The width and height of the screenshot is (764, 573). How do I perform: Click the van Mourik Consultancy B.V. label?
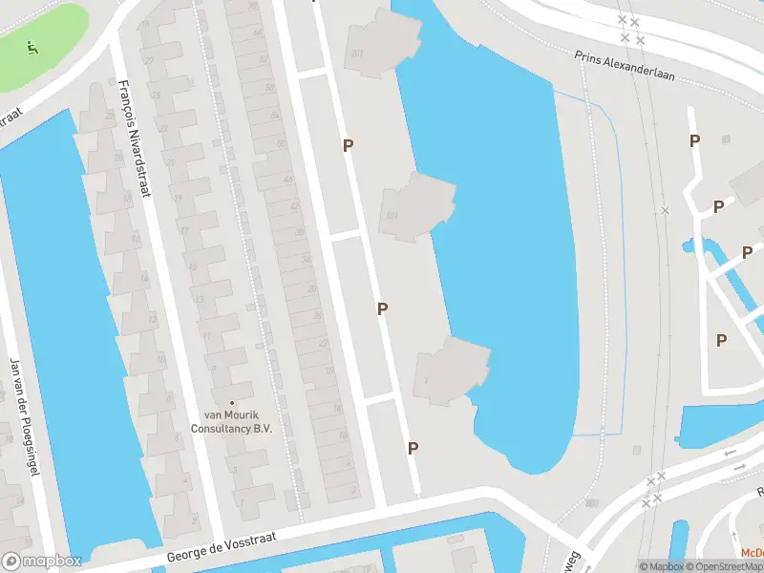tap(238, 421)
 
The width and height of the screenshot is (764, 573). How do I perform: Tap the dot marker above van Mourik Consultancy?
tap(232, 402)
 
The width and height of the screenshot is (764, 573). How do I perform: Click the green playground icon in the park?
tap(32, 45)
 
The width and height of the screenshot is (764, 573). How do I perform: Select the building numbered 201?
tap(357, 53)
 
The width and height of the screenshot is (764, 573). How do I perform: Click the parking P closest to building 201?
tap(350, 145)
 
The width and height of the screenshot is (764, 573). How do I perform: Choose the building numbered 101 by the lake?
tap(392, 215)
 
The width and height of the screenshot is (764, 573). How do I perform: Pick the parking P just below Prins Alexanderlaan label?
tap(694, 141)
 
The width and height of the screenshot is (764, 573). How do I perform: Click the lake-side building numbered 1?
tap(425, 381)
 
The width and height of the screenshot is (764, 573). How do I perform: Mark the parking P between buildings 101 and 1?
tap(382, 308)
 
